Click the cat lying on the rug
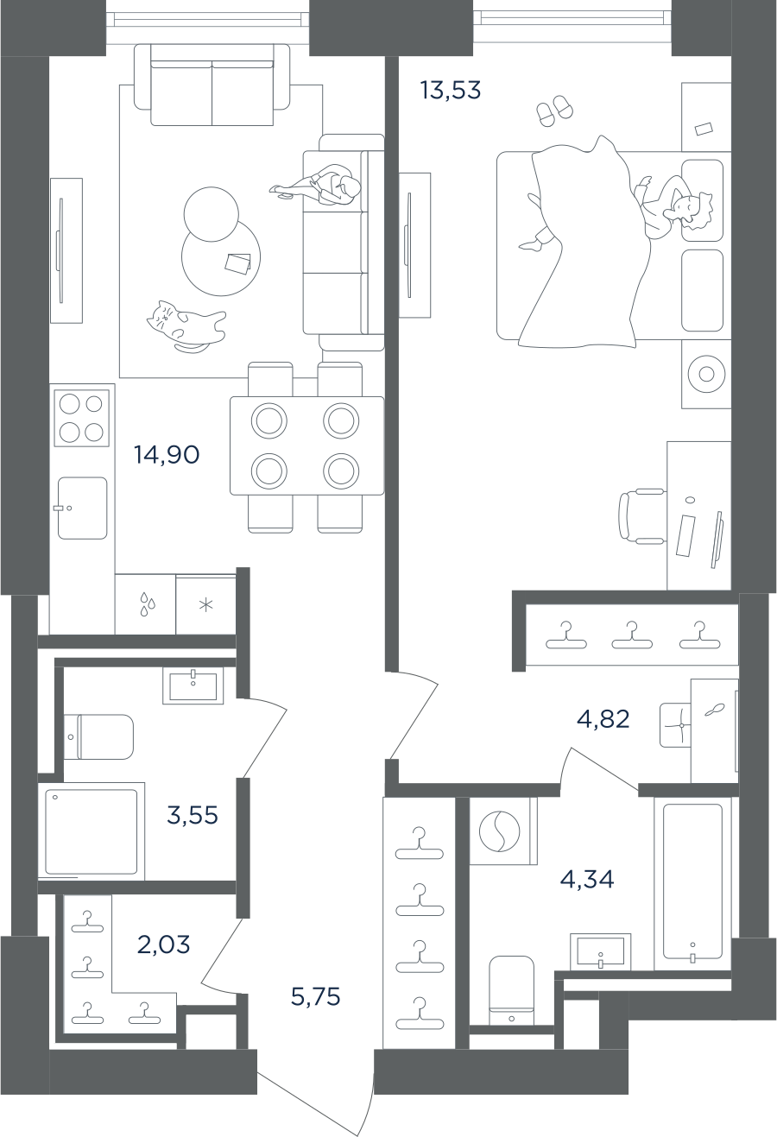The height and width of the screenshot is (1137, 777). (x=186, y=325)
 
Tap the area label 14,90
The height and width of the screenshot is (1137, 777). (x=167, y=455)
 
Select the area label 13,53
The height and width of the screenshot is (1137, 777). (x=450, y=90)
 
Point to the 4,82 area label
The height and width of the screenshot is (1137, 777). (x=603, y=719)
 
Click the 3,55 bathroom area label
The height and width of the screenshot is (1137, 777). (x=193, y=815)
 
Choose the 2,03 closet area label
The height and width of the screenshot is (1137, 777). (x=163, y=944)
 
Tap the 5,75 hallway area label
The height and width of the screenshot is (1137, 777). (x=316, y=996)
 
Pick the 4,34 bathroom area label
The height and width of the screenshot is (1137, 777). (x=587, y=879)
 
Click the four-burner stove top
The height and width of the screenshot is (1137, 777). (x=82, y=418)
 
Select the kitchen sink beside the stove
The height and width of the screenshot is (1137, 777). (x=82, y=508)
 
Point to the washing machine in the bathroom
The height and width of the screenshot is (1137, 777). (x=503, y=831)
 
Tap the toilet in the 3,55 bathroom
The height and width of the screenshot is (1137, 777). (x=98, y=737)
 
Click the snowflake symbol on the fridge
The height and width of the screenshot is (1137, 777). (x=206, y=605)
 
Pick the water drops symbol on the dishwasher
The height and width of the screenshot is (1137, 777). (x=148, y=604)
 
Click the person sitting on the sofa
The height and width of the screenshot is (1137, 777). (x=319, y=186)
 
